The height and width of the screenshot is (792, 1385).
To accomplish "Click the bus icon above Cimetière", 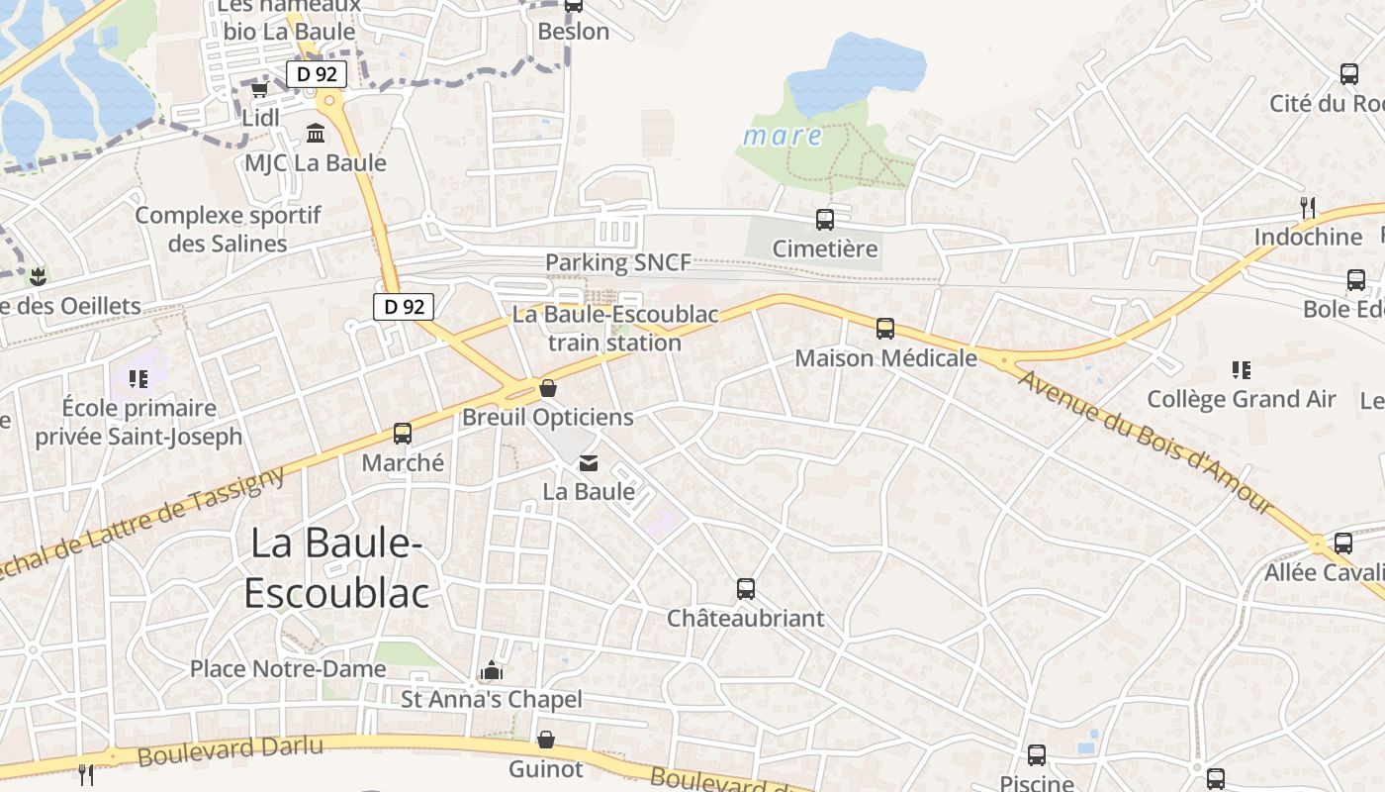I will [x=824, y=220].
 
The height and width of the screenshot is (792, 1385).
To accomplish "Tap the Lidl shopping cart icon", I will [x=259, y=90].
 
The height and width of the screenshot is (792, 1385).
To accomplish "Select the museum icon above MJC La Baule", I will [x=316, y=133].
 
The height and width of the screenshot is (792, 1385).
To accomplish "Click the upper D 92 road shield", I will [x=317, y=74].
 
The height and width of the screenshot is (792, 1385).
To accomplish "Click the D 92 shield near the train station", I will [x=404, y=307].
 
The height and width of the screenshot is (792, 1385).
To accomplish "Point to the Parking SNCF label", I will [x=618, y=263].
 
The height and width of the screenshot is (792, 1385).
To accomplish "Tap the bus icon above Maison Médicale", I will [x=885, y=329].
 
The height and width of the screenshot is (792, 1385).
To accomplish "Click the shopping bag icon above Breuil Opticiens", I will [x=547, y=388].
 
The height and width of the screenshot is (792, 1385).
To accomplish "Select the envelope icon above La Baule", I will [x=589, y=462].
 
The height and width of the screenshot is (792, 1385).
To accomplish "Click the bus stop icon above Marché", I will [x=403, y=434].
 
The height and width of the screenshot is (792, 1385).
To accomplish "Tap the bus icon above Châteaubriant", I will [x=746, y=589].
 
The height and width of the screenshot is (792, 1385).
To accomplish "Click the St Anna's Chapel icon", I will [x=492, y=671].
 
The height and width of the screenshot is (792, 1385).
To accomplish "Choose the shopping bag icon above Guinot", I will [x=546, y=740].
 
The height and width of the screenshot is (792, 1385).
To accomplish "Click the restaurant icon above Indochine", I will [x=1308, y=207].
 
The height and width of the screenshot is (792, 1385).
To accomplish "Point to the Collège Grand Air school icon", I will [x=1242, y=370].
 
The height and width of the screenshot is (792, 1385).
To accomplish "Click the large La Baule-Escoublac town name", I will [x=336, y=568].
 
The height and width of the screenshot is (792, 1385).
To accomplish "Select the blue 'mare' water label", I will [x=782, y=136].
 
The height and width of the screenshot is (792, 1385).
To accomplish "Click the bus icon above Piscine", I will [x=1037, y=755].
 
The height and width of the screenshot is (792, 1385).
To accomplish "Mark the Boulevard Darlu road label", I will [x=230, y=751].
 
